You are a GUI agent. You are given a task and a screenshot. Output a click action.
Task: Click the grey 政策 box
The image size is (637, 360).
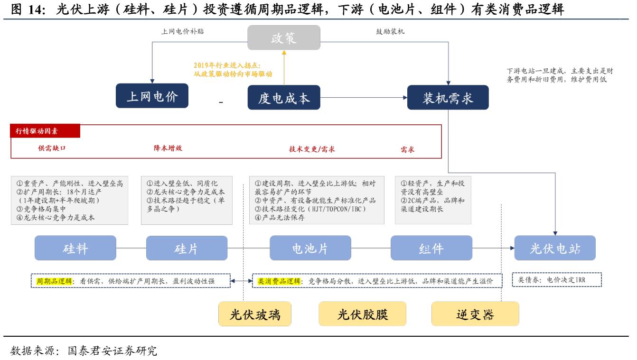pyautogui.click(x=284, y=38)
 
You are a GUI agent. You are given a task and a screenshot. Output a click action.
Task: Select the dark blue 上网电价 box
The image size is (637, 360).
pyautogui.click(x=152, y=97)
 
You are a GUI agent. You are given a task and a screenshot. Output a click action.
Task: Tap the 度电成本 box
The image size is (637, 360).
pyautogui.click(x=284, y=98)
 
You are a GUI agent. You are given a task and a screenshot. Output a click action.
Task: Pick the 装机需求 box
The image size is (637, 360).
pyautogui.click(x=448, y=98)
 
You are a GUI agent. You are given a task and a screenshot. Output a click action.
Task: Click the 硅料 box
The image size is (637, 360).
pyautogui.click(x=75, y=248)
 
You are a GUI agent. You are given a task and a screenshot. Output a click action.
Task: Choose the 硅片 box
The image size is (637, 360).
pyautogui.click(x=187, y=248)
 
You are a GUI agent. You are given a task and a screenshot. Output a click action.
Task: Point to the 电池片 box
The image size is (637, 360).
pyautogui.click(x=310, y=248)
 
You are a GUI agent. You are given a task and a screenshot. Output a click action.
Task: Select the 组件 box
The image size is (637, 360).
pyautogui.click(x=431, y=248)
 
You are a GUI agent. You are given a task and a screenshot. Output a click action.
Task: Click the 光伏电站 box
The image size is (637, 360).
pyautogui.click(x=554, y=248)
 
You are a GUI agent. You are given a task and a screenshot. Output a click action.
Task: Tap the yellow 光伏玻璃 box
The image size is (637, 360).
pyautogui.click(x=255, y=314)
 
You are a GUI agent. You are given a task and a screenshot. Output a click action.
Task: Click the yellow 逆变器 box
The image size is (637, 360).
pyautogui.click(x=475, y=314)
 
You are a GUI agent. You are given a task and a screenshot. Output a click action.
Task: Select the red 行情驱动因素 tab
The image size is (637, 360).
pyautogui.click(x=46, y=131)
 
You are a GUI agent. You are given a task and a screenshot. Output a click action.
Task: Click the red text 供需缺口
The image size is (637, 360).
pyautogui.click(x=52, y=148)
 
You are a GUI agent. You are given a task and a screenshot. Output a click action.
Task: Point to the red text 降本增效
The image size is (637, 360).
pyautogui.click(x=168, y=148)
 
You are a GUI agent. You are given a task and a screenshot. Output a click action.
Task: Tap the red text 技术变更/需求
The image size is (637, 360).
pyautogui.click(x=312, y=149)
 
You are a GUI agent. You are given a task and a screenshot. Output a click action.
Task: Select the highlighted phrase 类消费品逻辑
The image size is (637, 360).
pyautogui.click(x=279, y=281)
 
